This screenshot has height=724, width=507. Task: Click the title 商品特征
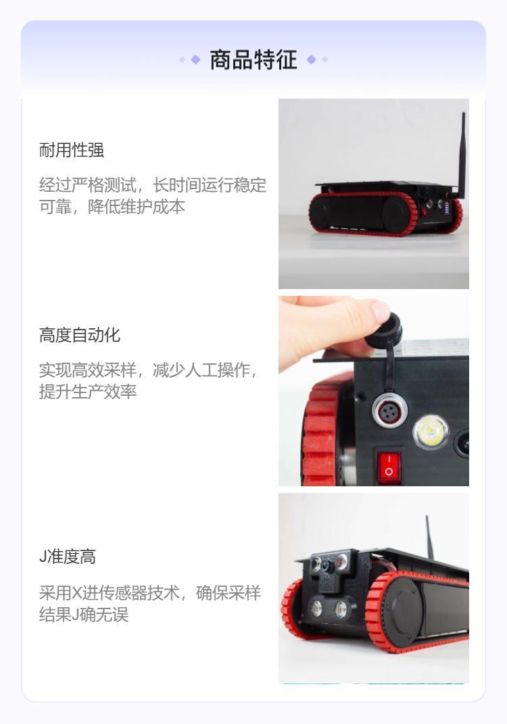pos(254,59)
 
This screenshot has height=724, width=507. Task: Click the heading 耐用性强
pos(72,150)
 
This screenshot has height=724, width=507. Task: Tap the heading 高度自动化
pos(80,335)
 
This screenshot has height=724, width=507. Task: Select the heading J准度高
pos(68,557)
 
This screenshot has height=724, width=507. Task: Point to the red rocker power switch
pos(389,467)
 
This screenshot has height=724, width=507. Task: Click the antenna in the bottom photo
pos(429,536)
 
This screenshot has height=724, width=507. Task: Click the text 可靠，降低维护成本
pos(112,207)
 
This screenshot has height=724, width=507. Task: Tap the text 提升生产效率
pos(88,392)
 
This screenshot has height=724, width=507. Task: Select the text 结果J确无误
pos(84,615)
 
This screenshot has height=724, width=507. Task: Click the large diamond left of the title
pos(195,59)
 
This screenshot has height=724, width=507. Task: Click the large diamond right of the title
pos(312,59)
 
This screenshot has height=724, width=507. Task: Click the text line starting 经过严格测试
pos(153,185)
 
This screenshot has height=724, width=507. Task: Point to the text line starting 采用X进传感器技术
pos(150,593)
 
